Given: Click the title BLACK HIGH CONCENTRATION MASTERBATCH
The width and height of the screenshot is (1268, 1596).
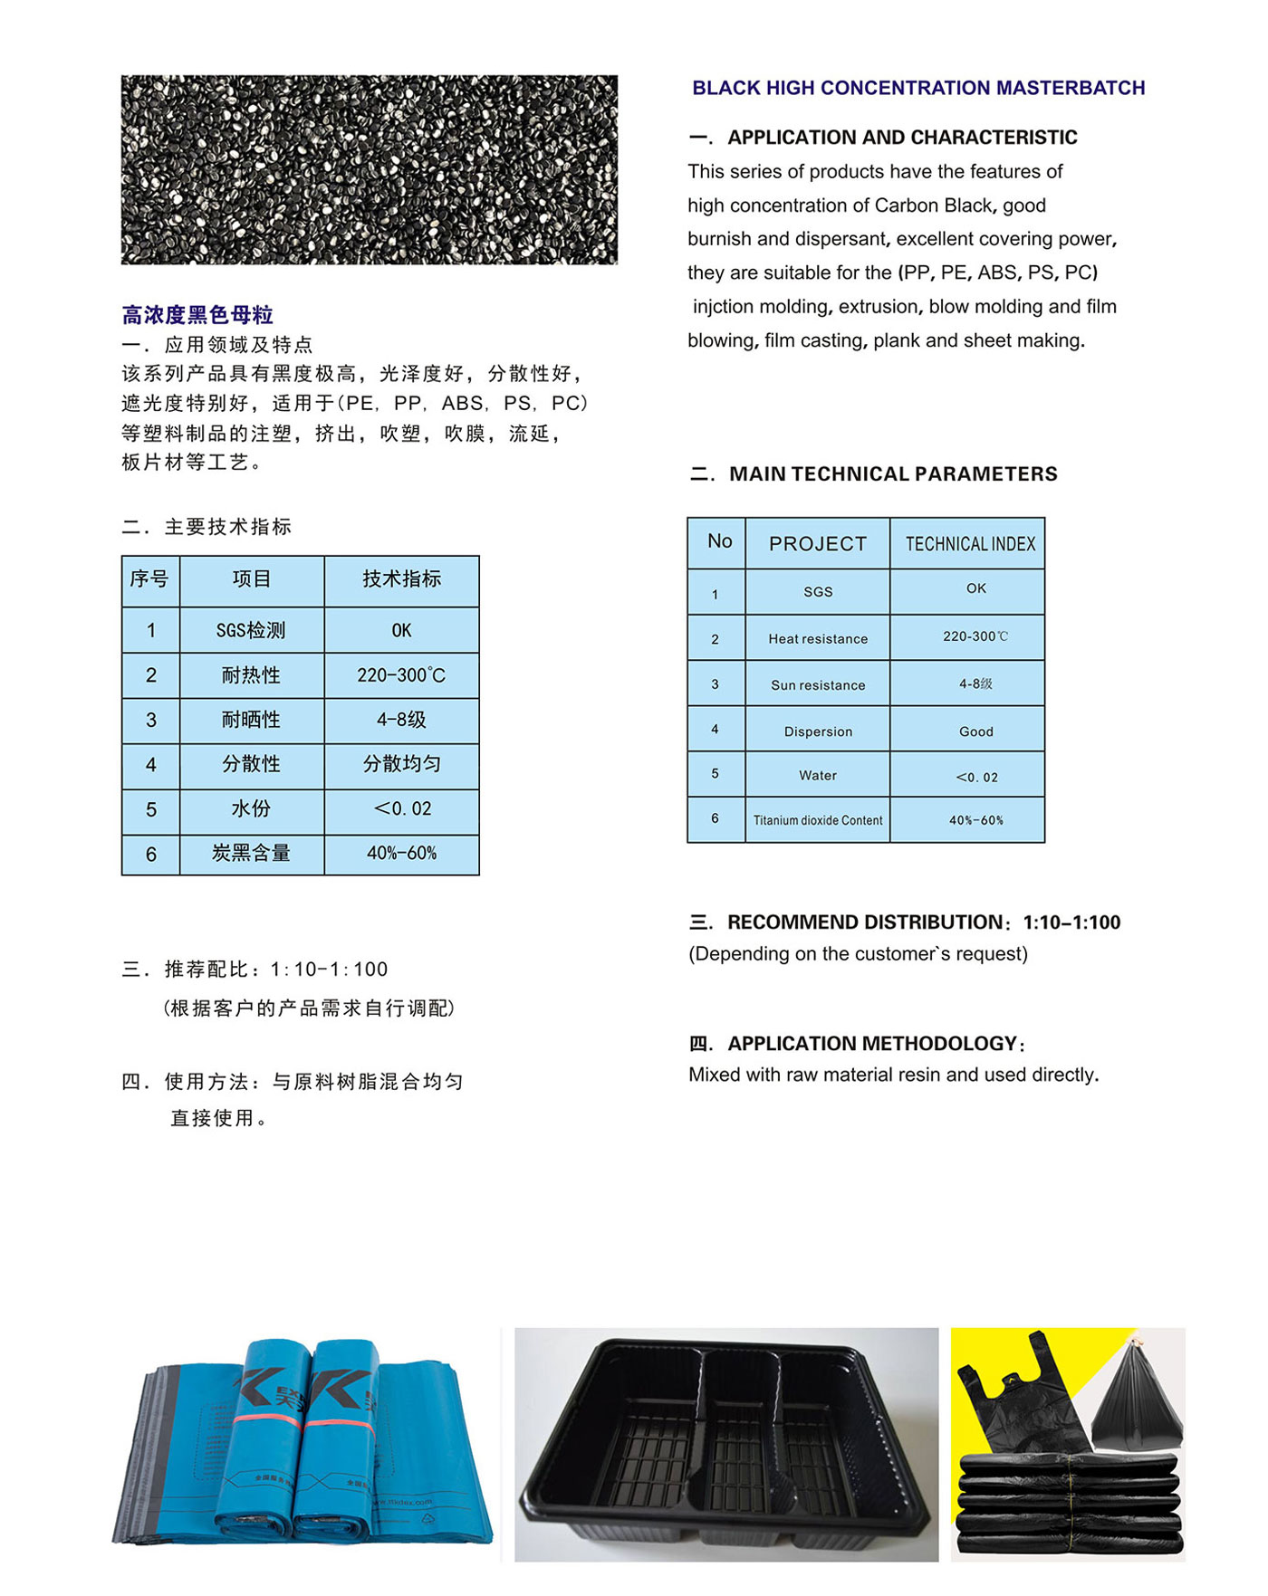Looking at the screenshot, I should click(917, 88).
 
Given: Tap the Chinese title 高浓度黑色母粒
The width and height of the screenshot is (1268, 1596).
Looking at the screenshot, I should click(197, 315).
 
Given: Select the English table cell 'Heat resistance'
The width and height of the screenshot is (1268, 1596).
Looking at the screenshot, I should click(818, 638).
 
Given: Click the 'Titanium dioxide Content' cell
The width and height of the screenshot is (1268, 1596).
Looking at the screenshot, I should click(818, 820).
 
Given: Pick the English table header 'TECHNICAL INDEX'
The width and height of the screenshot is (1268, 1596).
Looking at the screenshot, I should click(969, 543).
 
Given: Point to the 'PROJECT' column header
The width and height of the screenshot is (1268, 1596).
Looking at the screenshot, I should click(818, 543).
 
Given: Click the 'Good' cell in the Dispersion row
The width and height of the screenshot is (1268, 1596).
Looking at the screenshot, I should click(975, 731).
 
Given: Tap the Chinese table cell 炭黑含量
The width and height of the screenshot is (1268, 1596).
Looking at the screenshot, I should click(251, 853).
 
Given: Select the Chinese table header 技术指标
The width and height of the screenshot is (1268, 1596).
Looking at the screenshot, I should click(401, 579).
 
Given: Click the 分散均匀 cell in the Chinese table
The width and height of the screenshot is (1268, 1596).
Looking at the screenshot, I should click(401, 764).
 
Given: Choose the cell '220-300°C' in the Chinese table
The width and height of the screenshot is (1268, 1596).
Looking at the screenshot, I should click(401, 675).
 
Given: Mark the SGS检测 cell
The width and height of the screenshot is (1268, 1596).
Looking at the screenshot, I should click(251, 630).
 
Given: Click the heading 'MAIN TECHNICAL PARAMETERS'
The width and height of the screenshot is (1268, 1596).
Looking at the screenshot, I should click(892, 473).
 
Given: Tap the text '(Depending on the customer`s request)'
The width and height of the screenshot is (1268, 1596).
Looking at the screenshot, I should click(858, 953).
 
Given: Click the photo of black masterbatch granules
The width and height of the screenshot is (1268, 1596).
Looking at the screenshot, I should click(369, 169).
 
